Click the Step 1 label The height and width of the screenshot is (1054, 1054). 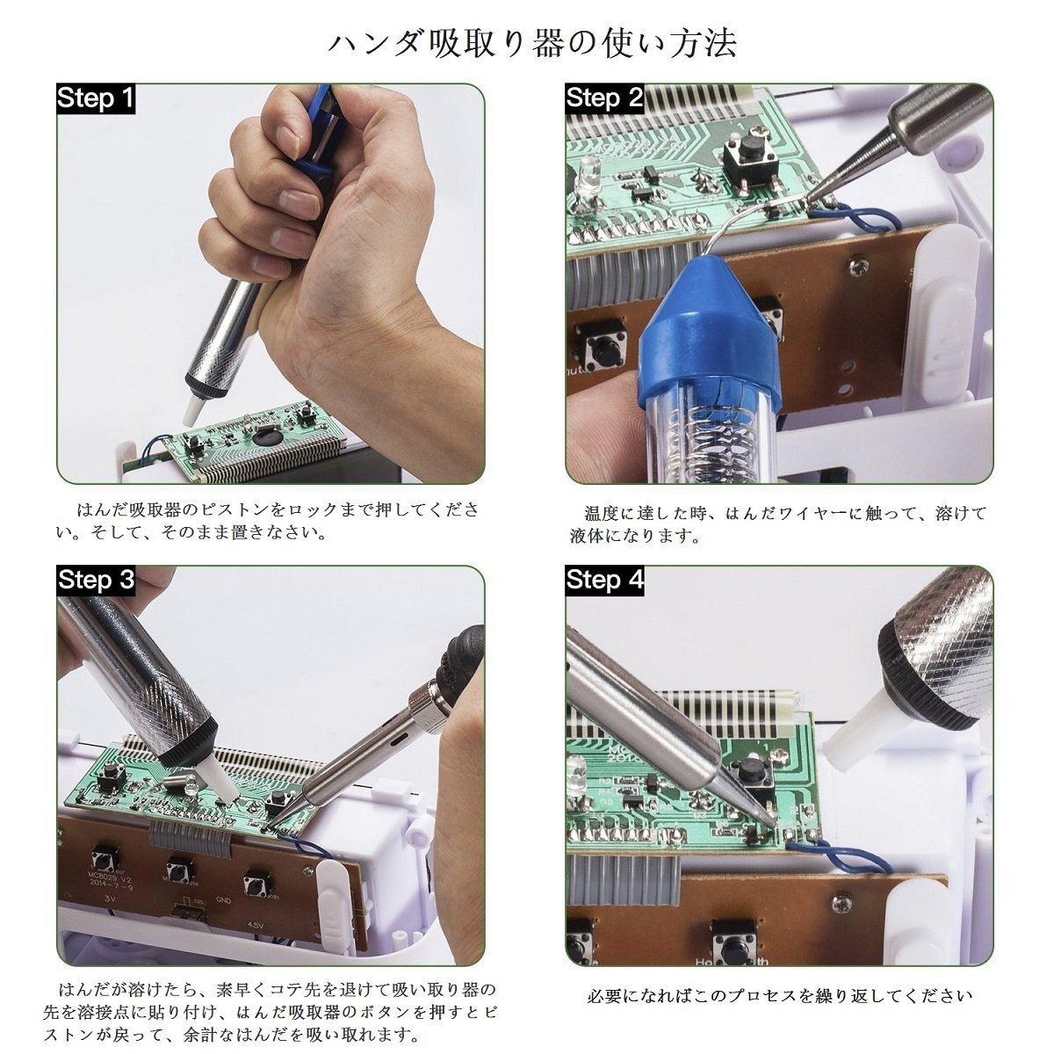(x=96, y=98)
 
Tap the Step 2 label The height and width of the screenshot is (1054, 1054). (x=604, y=98)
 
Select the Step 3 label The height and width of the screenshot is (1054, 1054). (x=96, y=580)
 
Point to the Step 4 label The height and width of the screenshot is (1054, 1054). (x=604, y=580)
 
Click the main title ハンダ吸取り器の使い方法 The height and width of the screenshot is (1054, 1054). (x=531, y=44)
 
